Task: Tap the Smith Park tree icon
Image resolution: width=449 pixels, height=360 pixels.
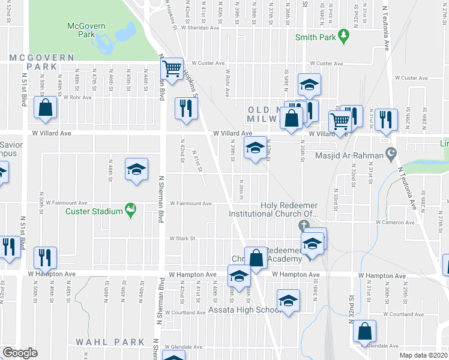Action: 343,37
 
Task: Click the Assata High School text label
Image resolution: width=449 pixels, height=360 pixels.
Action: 244,310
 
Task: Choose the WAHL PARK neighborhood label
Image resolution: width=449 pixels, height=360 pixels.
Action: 110,342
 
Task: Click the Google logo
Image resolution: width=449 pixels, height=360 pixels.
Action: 20,352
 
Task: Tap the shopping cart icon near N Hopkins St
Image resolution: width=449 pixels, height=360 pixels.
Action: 172,69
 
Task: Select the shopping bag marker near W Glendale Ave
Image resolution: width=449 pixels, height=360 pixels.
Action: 364,331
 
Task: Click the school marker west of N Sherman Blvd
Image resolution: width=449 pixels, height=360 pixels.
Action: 136,169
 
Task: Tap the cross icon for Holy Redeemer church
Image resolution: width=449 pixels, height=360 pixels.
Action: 304,226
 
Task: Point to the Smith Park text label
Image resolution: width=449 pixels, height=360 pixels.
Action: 314,37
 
